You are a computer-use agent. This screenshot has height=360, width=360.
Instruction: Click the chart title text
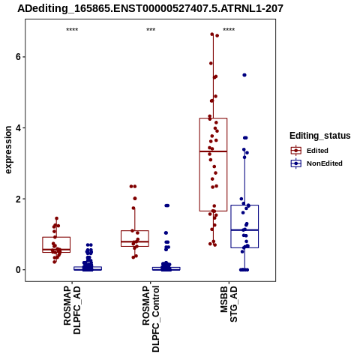click(150, 8)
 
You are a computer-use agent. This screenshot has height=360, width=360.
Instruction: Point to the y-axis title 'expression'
click(8, 150)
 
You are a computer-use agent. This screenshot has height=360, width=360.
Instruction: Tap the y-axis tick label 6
click(18, 57)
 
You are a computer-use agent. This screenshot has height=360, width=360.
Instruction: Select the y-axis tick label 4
click(18, 127)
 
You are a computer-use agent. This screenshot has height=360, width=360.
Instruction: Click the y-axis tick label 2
click(18, 199)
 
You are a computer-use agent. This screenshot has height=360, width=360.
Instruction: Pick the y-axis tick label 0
click(18, 270)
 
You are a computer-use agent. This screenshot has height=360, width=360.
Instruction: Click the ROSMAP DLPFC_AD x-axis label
click(72, 310)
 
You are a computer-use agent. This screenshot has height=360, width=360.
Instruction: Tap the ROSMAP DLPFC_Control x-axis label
click(151, 319)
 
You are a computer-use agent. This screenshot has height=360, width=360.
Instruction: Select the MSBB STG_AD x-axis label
click(229, 304)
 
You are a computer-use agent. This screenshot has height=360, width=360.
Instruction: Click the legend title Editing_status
click(320, 136)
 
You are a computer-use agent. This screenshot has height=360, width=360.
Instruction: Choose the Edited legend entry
click(310, 151)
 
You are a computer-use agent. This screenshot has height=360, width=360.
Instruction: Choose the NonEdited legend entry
click(316, 163)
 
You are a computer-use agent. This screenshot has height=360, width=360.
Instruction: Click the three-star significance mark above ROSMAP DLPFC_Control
click(151, 30)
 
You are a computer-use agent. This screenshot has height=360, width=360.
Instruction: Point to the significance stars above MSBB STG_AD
click(229, 30)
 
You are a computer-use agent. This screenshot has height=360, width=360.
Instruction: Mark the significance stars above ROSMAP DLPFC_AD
click(72, 30)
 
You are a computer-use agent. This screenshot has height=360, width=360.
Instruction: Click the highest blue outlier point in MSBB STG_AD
click(244, 75)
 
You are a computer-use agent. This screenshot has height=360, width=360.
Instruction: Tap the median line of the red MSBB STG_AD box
click(213, 151)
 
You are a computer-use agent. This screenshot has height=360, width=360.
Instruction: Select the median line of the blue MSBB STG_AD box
click(244, 230)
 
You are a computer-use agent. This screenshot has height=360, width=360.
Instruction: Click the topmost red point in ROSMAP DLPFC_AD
click(56, 218)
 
